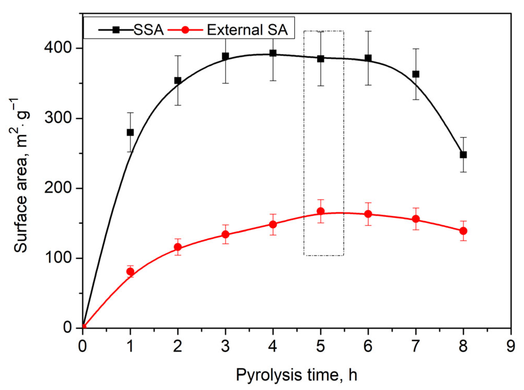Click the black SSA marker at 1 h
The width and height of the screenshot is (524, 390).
click(x=130, y=132)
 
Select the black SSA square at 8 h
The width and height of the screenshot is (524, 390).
click(x=463, y=155)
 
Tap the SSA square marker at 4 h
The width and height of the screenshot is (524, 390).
click(x=273, y=53)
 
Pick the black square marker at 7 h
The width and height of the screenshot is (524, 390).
click(x=416, y=74)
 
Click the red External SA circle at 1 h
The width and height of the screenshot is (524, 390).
click(x=130, y=272)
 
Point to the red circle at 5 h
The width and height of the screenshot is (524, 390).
click(x=321, y=211)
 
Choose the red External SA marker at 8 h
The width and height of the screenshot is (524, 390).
click(x=463, y=231)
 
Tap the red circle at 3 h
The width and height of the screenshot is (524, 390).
click(x=225, y=234)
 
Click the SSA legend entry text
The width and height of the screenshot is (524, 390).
click(x=149, y=30)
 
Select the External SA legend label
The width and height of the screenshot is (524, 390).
click(x=247, y=30)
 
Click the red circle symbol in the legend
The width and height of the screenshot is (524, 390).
click(x=185, y=30)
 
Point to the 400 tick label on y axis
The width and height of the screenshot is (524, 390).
click(x=58, y=48)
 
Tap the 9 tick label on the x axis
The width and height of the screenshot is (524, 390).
click(x=511, y=346)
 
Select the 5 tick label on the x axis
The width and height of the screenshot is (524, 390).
click(x=321, y=346)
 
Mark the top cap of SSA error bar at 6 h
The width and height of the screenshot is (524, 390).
click(x=368, y=31)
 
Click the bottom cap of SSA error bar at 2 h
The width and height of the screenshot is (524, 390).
click(x=178, y=105)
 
